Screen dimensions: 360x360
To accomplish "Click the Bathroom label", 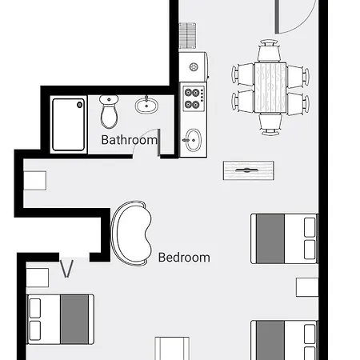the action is tap(129, 140).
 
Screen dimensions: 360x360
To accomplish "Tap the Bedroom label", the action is tap(184, 258).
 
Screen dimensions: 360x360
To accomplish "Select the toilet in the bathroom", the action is tap(109, 111).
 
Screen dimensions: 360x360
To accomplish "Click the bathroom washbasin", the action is tap(146, 106).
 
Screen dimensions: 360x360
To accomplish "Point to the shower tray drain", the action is tap(79, 105).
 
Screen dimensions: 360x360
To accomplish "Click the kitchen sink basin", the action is tap(193, 140).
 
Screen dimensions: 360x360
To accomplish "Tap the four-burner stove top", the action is tap(194, 98).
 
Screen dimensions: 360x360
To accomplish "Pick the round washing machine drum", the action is tap(194, 67).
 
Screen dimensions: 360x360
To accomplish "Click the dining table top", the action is tap(270, 87).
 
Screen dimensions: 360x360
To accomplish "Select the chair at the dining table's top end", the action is tap(269, 50).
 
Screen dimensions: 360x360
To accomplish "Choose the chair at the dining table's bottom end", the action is tap(270, 124).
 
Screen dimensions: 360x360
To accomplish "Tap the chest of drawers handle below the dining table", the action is tap(246, 170).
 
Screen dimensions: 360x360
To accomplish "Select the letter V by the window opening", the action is tap(66, 269).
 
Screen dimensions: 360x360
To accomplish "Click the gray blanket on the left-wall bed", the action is tap(74, 319).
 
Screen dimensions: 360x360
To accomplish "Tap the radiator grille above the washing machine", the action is tap(187, 36).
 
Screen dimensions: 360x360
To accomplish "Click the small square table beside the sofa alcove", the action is tap(35, 181).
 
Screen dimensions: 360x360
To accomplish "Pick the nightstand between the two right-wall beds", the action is tap(307, 287).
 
